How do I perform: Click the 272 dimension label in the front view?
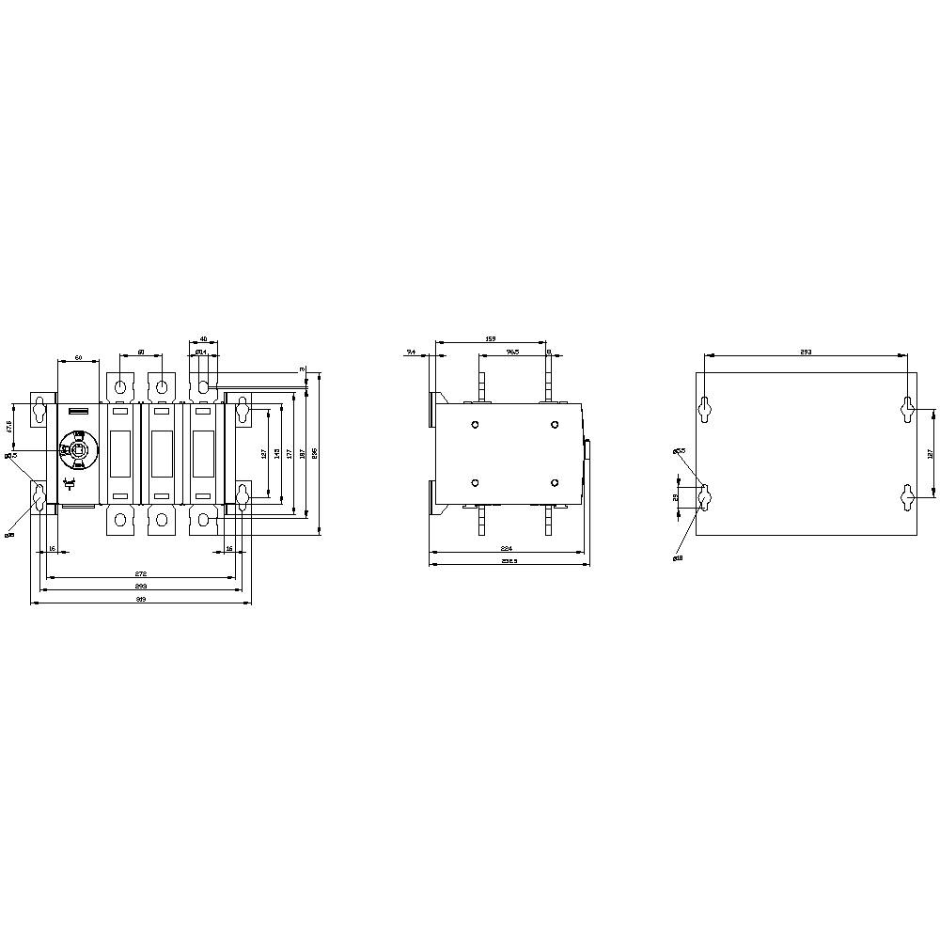click(x=141, y=572)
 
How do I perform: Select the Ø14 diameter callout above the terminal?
click(x=201, y=352)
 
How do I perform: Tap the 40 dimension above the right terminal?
click(x=204, y=338)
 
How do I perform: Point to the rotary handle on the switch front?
click(x=77, y=451)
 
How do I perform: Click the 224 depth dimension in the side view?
click(x=507, y=547)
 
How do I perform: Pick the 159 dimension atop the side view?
click(x=491, y=338)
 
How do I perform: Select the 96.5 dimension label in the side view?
click(x=512, y=352)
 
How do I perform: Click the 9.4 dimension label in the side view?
click(x=411, y=352)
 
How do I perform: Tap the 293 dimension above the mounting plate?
click(x=806, y=352)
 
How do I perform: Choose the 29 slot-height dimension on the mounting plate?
click(x=675, y=497)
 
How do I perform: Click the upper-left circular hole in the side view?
click(x=475, y=425)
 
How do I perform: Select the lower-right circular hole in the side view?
click(x=555, y=482)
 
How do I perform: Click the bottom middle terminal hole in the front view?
click(x=163, y=520)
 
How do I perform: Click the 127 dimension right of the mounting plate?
click(x=929, y=453)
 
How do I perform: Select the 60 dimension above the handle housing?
click(x=79, y=358)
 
